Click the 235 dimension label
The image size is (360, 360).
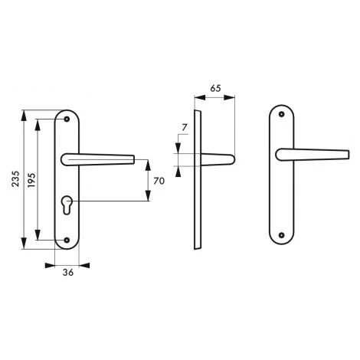point(16,178)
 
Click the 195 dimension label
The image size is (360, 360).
point(31,180)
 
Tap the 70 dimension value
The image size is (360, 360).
point(159,181)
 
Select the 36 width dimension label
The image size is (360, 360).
point(68,273)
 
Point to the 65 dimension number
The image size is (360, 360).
point(215,88)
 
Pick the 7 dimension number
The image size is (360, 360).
point(185,127)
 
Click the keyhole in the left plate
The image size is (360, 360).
point(67,205)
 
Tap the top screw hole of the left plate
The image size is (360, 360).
point(67,119)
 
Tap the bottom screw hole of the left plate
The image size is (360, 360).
point(67,240)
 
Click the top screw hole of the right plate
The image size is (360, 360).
point(281,114)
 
